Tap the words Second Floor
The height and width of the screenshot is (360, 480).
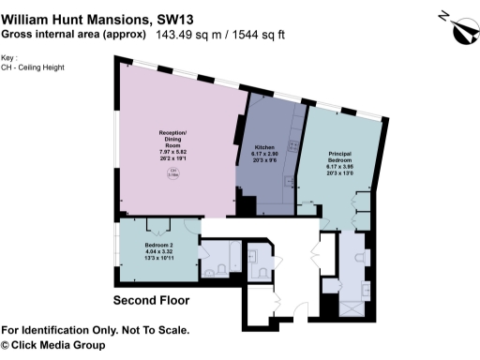[151, 301]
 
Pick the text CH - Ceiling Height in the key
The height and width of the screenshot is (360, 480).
[27, 68]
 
